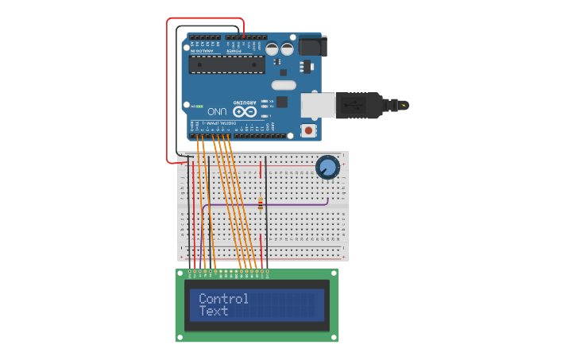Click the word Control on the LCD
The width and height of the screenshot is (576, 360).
tap(223, 299)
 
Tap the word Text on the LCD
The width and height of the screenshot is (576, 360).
tap(213, 311)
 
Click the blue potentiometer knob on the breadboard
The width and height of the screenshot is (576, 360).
tap(327, 167)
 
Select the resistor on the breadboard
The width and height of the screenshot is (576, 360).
tap(260, 203)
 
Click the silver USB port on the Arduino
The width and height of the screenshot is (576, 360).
tap(315, 105)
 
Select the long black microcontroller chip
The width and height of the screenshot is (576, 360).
tap(226, 65)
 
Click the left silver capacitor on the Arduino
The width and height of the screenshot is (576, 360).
tap(272, 48)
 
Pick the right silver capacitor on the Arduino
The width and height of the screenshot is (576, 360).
tap(287, 48)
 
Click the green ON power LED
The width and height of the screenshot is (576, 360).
tap(199, 106)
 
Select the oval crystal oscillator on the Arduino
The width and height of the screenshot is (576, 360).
tap(283, 85)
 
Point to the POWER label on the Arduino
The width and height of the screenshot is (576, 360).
tap(234, 51)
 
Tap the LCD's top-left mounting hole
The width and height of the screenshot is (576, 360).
tap(180, 273)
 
